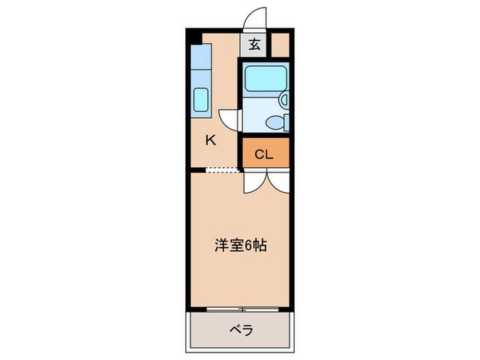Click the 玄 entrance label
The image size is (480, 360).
coord(254,46)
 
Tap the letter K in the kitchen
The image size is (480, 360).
coord(211,141)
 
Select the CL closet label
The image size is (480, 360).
coord(264,154)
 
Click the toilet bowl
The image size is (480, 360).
coord(274,123)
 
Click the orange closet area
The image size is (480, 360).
coord(265,154)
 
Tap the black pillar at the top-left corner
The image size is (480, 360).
coord(193,36)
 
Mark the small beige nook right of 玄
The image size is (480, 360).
coord(280,46)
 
